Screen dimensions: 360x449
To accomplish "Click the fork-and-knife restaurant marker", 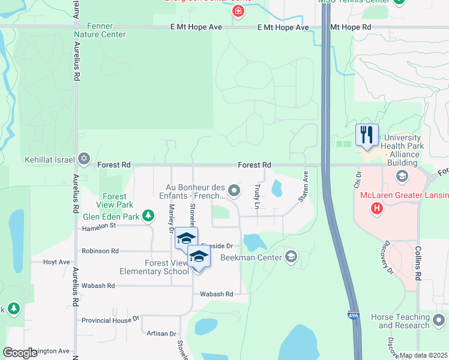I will [367, 134].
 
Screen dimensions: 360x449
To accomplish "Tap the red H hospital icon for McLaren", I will [377, 208].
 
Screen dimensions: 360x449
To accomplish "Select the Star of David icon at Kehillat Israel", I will [84, 159].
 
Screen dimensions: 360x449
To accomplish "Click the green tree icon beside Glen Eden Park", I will [147, 217].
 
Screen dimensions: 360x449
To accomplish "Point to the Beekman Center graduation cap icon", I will [291, 257].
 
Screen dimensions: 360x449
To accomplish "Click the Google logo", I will [20, 353].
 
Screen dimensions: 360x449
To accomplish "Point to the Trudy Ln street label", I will [257, 196].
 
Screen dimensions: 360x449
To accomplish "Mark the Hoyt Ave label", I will [56, 262].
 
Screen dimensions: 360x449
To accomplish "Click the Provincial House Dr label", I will [110, 320].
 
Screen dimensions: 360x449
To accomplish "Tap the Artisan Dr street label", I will [160, 334].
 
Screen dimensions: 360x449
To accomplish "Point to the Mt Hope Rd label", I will [351, 28].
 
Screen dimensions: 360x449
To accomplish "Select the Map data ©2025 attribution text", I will [424, 355].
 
